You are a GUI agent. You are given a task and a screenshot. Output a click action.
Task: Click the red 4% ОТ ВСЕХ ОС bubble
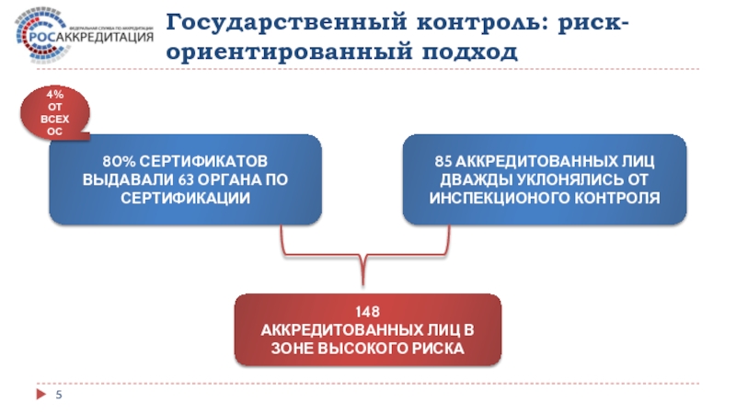pyautogui.click(x=57, y=113)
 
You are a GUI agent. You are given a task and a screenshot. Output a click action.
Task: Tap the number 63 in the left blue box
pyautogui.click(x=174, y=179)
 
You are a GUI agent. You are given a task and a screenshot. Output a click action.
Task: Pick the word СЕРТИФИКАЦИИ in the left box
pyautogui.click(x=185, y=198)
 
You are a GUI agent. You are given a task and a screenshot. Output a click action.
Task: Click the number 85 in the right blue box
pyautogui.click(x=443, y=161)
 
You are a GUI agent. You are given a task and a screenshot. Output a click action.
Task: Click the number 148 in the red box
pyautogui.click(x=368, y=314)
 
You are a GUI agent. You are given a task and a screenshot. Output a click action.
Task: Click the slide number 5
pyautogui.click(x=59, y=396)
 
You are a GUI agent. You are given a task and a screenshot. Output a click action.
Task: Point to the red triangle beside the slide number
pyautogui.click(x=40, y=395)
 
